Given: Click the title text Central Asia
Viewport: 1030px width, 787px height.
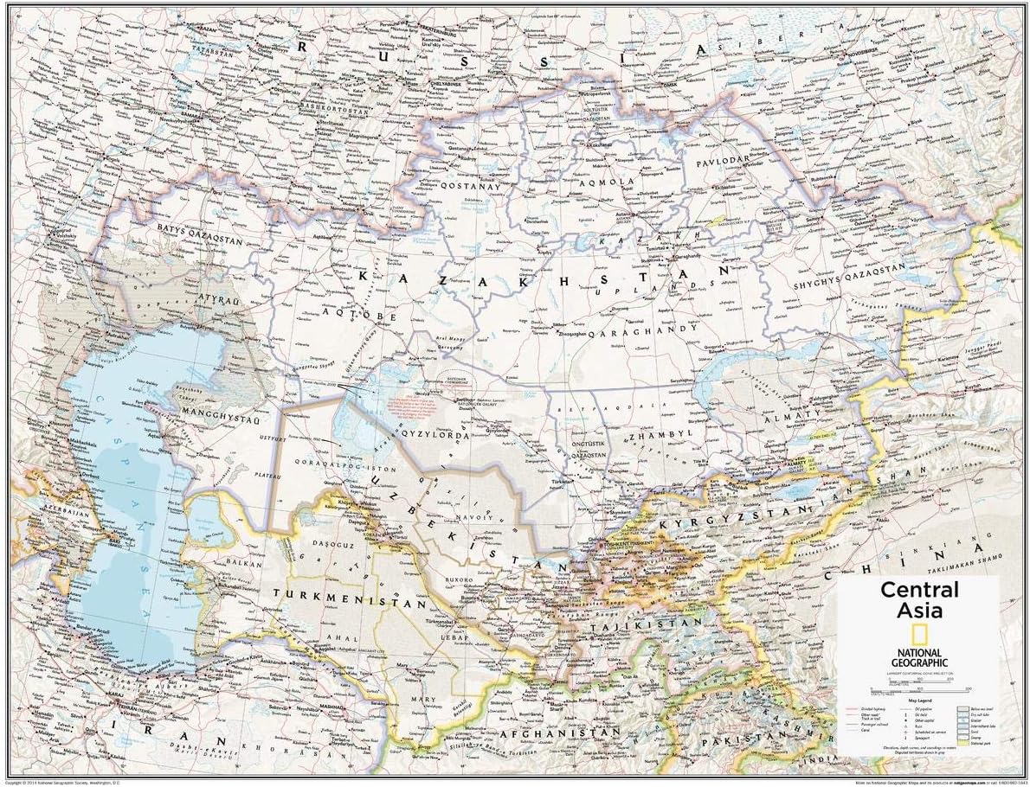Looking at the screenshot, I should pos(919,600).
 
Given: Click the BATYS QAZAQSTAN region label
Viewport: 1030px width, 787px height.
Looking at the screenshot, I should pos(201,229).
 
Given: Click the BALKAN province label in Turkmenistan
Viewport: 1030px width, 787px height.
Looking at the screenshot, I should pos(241,561).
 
